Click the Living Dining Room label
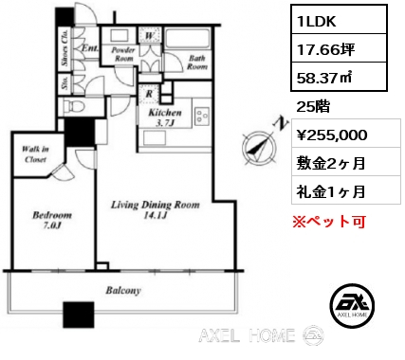click(x=156, y=209)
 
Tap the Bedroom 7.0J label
click(x=52, y=220)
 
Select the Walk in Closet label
click(x=35, y=154)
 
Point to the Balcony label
click(x=123, y=291)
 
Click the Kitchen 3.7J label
click(x=165, y=117)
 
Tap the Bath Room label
click(x=197, y=63)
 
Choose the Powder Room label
click(x=123, y=54)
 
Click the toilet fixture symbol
click(x=74, y=106)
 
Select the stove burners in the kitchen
click(x=202, y=116)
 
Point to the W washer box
click(x=150, y=35)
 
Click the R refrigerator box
click(x=149, y=94)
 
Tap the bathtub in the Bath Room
click(x=188, y=39)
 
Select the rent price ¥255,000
click(x=332, y=135)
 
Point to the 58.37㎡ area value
click(x=324, y=78)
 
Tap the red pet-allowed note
click(x=329, y=222)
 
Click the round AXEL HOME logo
click(x=352, y=305)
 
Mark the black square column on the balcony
click(x=79, y=315)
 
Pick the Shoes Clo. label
click(x=65, y=47)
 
